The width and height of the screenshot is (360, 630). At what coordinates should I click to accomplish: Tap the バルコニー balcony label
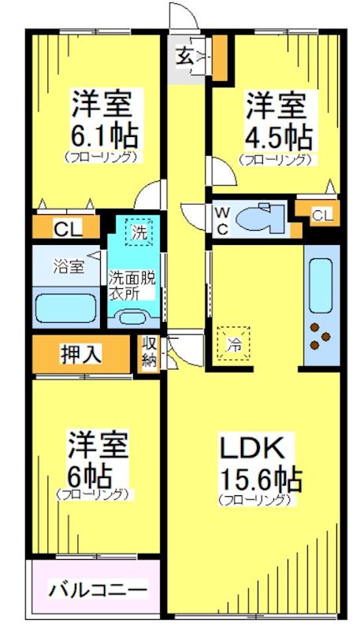(97, 588)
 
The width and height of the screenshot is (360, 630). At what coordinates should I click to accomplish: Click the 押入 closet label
(81, 354)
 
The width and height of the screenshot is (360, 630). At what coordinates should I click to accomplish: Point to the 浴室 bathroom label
(69, 265)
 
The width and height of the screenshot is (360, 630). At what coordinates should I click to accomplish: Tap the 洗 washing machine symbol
(139, 232)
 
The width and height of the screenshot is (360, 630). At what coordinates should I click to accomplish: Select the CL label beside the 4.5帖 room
(321, 215)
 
